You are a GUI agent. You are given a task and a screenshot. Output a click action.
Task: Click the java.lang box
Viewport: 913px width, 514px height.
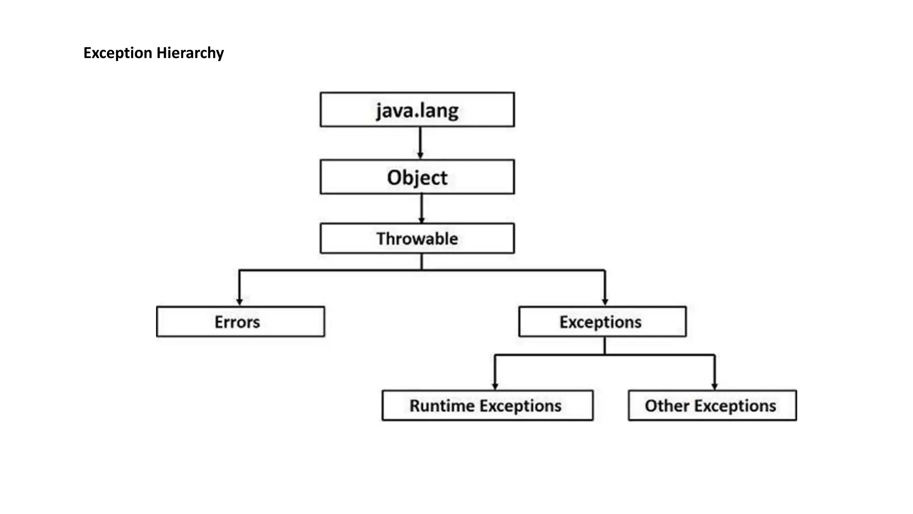tap(417, 110)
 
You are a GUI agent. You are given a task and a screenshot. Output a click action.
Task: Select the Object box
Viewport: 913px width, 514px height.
tap(417, 177)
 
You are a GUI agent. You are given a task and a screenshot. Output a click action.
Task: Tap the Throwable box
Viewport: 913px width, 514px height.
tap(417, 239)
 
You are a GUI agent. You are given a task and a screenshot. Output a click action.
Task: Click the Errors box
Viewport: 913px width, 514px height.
tap(240, 322)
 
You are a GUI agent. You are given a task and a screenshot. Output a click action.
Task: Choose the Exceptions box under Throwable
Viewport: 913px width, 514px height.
tap(602, 322)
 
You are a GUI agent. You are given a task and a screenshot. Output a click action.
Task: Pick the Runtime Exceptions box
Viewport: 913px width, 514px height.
tap(487, 406)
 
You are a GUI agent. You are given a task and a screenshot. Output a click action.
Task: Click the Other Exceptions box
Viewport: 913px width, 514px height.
tap(712, 406)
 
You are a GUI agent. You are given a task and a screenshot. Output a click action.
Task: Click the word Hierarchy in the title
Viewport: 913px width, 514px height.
tap(190, 53)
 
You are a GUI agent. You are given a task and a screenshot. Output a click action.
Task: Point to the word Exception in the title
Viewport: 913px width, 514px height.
tap(118, 53)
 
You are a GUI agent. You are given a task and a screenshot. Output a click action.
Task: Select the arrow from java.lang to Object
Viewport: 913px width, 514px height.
tap(420, 143)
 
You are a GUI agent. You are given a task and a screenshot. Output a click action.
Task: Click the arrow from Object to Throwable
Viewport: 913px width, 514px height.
tap(422, 208)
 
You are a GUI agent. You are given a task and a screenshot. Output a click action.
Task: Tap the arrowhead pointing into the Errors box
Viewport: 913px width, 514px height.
tap(239, 302)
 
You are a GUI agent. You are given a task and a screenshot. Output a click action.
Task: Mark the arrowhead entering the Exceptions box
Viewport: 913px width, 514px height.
tap(605, 302)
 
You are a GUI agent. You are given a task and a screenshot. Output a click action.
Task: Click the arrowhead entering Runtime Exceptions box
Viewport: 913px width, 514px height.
tap(495, 386)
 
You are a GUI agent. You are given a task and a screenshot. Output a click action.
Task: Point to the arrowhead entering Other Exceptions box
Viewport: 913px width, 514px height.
tap(715, 386)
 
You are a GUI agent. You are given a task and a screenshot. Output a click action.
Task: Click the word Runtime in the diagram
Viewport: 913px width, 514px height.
tap(442, 406)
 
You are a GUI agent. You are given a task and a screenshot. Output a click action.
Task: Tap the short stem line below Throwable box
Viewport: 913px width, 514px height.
tap(422, 262)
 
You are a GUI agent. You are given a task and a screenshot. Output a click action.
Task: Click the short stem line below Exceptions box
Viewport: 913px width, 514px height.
tap(605, 346)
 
